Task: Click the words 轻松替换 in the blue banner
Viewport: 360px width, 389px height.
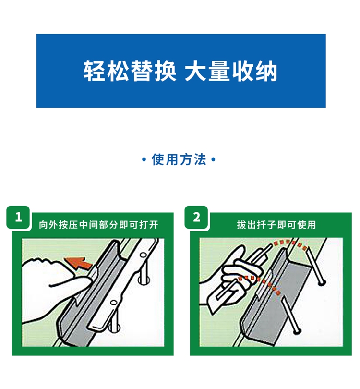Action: [x=130, y=71]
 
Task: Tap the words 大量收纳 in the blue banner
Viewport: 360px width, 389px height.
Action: [x=231, y=71]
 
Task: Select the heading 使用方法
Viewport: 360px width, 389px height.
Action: [x=179, y=159]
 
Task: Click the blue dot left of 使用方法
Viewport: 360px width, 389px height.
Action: [x=144, y=159]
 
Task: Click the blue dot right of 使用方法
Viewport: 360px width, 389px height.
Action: [x=213, y=159]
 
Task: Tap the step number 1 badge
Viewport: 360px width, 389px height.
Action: [x=18, y=217]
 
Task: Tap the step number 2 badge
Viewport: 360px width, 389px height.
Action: [x=196, y=217]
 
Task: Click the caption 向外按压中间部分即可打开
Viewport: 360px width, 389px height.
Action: [x=98, y=225]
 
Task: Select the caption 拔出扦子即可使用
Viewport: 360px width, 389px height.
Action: [x=276, y=225]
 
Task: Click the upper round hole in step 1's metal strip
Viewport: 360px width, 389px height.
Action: [x=143, y=255]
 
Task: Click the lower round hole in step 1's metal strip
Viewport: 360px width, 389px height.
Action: [x=113, y=303]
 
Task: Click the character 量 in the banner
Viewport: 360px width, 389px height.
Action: [x=219, y=71]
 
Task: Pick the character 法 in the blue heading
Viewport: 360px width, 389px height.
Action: [x=200, y=159]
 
